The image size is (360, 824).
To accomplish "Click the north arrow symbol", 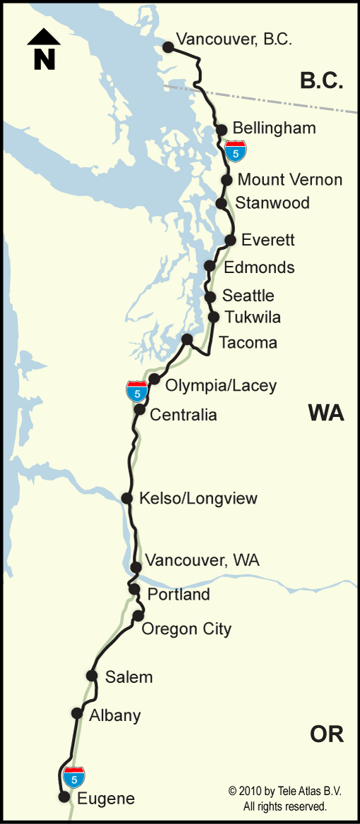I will (44, 49).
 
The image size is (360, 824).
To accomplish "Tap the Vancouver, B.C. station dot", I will (168, 47).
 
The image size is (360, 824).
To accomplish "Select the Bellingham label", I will (274, 128).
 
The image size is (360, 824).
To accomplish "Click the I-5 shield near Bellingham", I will (236, 150).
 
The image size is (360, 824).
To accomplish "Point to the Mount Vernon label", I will (290, 179).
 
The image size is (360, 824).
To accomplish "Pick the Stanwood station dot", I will (221, 203).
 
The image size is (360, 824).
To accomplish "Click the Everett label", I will (268, 240).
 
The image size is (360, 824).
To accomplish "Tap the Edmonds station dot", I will (209, 266).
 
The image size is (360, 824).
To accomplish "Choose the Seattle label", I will (248, 296).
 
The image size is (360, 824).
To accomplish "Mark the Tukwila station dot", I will (214, 317).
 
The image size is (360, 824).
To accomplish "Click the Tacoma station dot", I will (187, 339).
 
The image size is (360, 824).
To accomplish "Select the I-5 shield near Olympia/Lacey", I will (137, 391).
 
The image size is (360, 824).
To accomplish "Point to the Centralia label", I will (183, 414).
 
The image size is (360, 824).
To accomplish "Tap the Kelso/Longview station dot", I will (127, 498).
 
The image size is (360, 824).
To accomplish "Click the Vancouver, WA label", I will (202, 561).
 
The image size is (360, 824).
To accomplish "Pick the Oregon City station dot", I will (138, 616).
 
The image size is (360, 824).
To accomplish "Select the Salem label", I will (128, 677).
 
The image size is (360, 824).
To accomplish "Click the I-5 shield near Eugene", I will (74, 777).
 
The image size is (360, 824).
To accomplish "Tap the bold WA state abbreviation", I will (325, 413).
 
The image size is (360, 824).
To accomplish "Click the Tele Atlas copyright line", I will (284, 792).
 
